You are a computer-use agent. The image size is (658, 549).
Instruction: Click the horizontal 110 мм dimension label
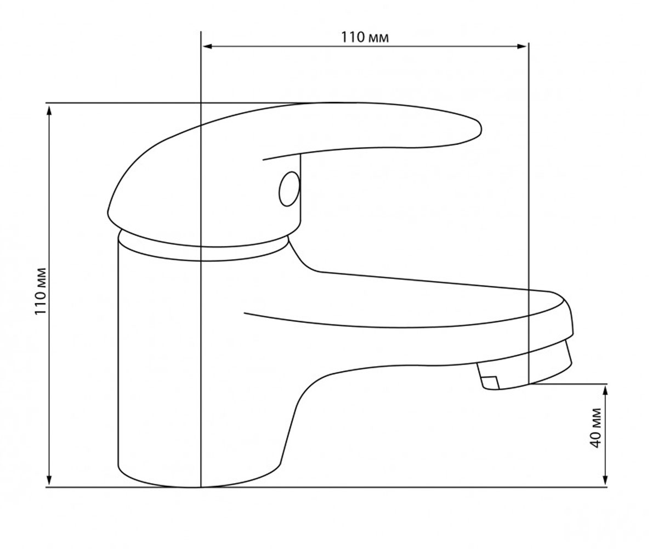click(365, 37)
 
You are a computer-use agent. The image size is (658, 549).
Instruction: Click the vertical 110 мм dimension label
click(41, 291)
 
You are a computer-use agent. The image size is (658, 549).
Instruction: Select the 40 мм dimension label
click(595, 428)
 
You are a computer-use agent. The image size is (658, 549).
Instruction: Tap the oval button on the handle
click(289, 189)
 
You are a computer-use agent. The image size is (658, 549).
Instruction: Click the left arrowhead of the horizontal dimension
click(208, 47)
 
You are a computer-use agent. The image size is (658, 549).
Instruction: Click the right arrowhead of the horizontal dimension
click(521, 47)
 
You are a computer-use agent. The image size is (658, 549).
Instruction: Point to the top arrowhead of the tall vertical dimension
click(49, 111)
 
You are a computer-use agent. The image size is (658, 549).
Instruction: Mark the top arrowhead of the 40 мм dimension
click(605, 390)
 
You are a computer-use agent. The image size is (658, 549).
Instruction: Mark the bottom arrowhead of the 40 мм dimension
click(605, 480)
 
